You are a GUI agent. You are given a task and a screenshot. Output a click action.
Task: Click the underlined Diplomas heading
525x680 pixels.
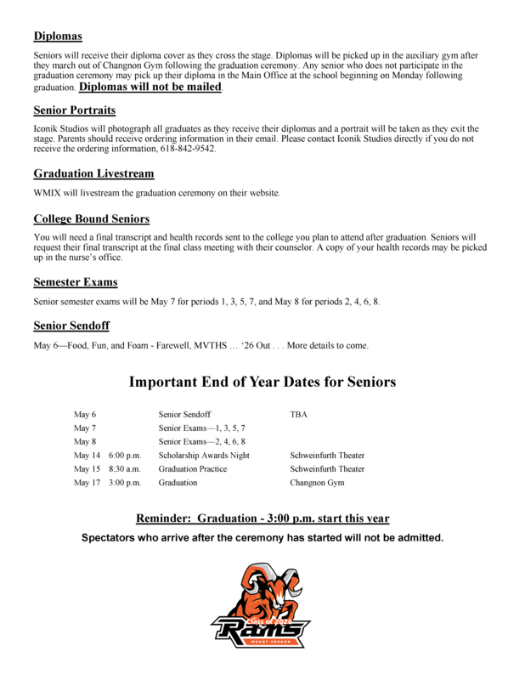tap(58, 37)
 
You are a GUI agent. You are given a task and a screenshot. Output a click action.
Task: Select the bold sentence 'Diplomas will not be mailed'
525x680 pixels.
tap(150, 87)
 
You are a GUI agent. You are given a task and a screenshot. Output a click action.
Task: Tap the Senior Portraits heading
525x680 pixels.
tap(75, 110)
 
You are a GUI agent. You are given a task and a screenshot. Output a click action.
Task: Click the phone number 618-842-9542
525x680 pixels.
tap(187, 148)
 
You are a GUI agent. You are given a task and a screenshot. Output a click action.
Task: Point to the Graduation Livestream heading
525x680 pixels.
tap(93, 173)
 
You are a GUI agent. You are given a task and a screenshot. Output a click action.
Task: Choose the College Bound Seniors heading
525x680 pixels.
tap(92, 218)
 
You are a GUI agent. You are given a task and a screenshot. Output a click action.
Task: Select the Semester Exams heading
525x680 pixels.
tap(76, 281)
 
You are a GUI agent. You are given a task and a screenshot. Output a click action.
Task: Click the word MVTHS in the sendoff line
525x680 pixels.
tap(234, 345)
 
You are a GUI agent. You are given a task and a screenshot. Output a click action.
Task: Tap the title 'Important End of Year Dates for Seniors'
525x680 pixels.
tap(262, 382)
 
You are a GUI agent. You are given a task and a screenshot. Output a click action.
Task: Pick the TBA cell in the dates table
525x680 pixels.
tap(300, 414)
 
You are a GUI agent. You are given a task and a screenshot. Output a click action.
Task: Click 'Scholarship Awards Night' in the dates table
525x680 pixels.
tap(204, 455)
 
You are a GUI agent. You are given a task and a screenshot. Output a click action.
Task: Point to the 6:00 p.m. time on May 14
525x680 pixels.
tap(124, 455)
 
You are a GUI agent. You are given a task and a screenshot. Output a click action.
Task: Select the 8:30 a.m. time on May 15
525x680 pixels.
tap(124, 468)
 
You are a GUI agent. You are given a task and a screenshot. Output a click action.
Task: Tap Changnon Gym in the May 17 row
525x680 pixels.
tap(317, 482)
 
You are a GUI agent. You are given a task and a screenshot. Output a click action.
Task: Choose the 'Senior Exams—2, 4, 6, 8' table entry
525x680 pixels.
tap(202, 441)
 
